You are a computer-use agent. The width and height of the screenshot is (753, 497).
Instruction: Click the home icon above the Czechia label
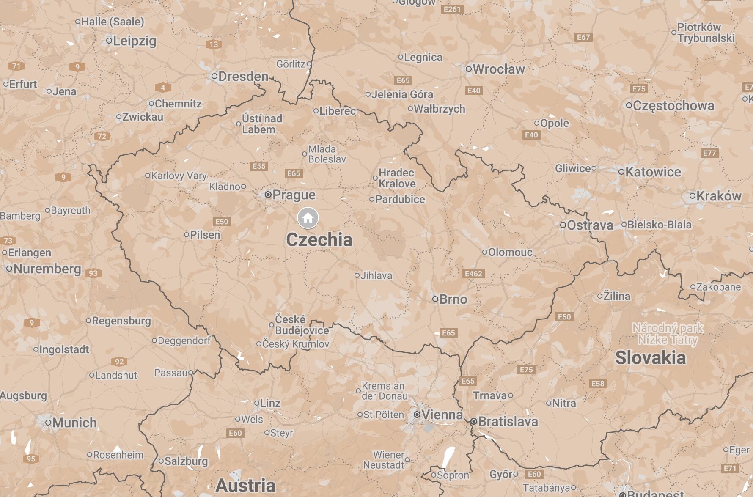[308, 218]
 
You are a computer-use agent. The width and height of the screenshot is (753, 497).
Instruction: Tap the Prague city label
[294, 195]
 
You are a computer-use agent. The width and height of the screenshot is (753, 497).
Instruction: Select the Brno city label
[453, 299]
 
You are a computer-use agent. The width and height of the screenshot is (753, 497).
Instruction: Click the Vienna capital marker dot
[417, 415]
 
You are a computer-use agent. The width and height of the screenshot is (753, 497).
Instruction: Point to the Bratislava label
[508, 421]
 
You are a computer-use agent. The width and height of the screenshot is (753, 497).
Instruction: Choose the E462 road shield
[473, 274]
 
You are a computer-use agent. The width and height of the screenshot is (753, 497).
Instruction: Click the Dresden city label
[243, 76]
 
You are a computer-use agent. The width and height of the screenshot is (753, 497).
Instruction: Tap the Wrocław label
[498, 69]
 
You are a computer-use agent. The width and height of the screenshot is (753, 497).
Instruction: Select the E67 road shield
[583, 37]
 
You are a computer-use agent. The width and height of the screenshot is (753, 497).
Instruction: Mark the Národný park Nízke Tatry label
[668, 334]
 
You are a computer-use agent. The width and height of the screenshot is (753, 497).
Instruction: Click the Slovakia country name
[650, 358]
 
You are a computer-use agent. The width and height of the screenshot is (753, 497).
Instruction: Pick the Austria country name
[245, 485]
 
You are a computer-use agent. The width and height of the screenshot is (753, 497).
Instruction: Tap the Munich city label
[74, 423]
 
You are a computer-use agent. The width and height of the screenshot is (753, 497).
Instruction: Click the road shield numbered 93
[93, 273]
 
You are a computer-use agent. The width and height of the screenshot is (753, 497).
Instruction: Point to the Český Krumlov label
[295, 344]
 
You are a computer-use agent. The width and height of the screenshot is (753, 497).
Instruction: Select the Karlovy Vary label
[179, 176]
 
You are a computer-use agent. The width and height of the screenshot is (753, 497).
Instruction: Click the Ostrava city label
[590, 225]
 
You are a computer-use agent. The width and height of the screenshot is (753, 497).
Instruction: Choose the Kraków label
[718, 196]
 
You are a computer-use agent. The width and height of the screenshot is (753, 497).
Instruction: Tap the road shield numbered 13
[214, 44]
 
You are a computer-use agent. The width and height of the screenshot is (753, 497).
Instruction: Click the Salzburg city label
[186, 461]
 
